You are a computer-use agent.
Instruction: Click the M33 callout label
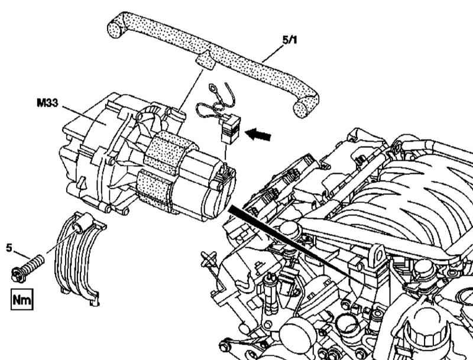click(47, 103)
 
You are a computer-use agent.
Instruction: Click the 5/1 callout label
click(290, 40)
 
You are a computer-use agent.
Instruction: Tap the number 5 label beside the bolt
click(9, 248)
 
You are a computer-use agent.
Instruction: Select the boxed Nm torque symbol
click(22, 300)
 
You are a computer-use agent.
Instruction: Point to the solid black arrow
click(258, 134)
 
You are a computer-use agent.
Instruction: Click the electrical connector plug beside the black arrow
click(231, 129)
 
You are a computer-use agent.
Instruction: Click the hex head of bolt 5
click(19, 274)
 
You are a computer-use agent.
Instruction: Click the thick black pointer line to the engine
click(297, 245)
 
